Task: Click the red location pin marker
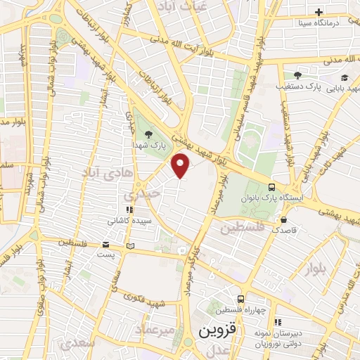[181, 165]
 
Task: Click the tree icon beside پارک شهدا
[148, 134]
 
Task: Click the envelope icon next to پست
[106, 245]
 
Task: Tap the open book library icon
[129, 246]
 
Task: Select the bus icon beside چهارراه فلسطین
[241, 299]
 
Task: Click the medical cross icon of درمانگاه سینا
[319, 12]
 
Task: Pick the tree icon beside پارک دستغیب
[297, 75]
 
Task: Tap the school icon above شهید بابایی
[345, 77]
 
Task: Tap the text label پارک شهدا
[148, 143]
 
